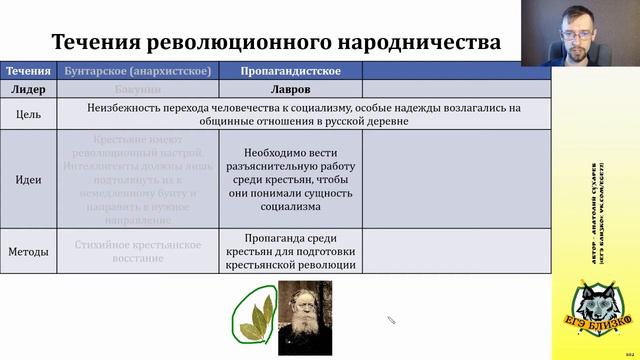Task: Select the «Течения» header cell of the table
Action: [28, 71]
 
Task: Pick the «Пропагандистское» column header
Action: [291, 71]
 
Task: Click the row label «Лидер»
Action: [28, 89]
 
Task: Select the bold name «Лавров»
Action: [290, 89]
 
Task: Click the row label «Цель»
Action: [28, 115]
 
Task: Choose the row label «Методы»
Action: [28, 252]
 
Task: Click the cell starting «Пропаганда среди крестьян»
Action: [290, 252]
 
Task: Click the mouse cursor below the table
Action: [391, 319]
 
